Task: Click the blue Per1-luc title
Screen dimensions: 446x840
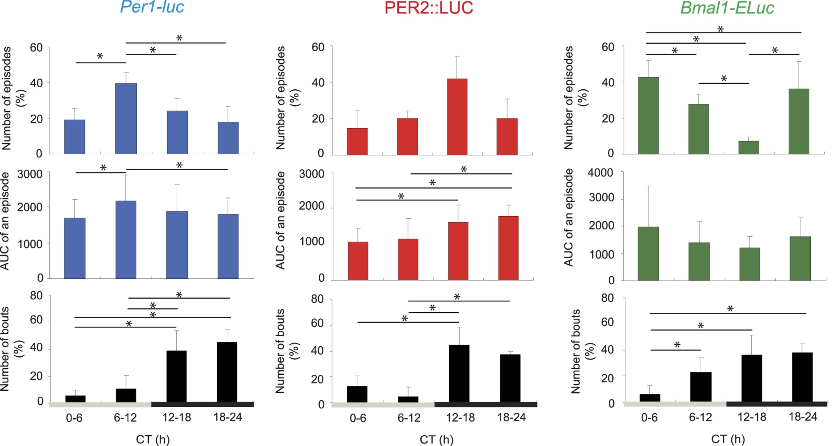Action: click(x=152, y=8)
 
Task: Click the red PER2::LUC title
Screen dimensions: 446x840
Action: click(x=428, y=8)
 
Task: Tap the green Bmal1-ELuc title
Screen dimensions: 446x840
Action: click(x=727, y=8)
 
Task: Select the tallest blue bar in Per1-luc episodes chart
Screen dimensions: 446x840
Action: click(x=126, y=119)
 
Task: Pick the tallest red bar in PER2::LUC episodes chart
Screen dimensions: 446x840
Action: click(x=457, y=117)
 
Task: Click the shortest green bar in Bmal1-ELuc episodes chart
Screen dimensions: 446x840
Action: click(x=748, y=147)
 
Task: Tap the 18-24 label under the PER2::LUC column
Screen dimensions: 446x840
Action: click(x=511, y=417)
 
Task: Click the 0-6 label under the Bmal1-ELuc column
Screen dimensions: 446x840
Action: click(x=649, y=418)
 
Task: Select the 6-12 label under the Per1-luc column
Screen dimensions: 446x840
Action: click(x=125, y=418)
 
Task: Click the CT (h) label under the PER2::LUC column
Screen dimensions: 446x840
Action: click(x=436, y=440)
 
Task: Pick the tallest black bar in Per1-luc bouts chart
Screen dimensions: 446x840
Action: click(x=227, y=372)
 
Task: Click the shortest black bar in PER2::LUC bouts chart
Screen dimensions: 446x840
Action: click(x=408, y=399)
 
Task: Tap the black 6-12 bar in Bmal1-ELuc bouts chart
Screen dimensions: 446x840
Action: click(x=700, y=387)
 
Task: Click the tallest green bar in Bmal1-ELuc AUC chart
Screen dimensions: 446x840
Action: click(x=648, y=253)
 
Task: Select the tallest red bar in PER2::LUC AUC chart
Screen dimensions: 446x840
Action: click(x=508, y=248)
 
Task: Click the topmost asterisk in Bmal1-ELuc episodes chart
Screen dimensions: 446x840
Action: click(x=720, y=29)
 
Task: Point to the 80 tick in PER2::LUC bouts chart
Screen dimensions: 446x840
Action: click(x=318, y=299)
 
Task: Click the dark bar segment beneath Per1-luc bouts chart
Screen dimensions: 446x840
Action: click(x=202, y=404)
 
